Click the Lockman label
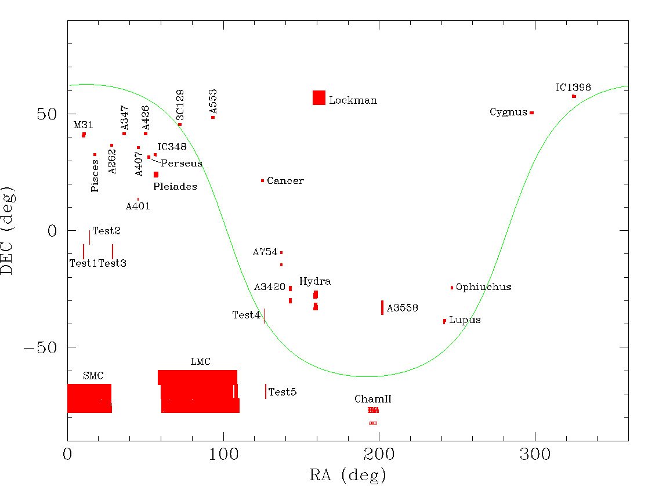point(353,100)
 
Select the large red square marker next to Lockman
point(319,98)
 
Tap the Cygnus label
point(508,112)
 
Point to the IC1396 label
point(573,88)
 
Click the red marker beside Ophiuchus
point(452,288)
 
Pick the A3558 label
point(403,308)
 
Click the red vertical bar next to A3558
point(382,307)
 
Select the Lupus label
point(465,320)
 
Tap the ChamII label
point(373,399)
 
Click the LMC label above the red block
point(200,361)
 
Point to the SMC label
point(93,375)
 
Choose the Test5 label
point(283,392)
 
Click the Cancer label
point(285,181)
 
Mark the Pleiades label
point(175,186)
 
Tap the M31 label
point(84,125)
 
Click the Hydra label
point(315,281)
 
